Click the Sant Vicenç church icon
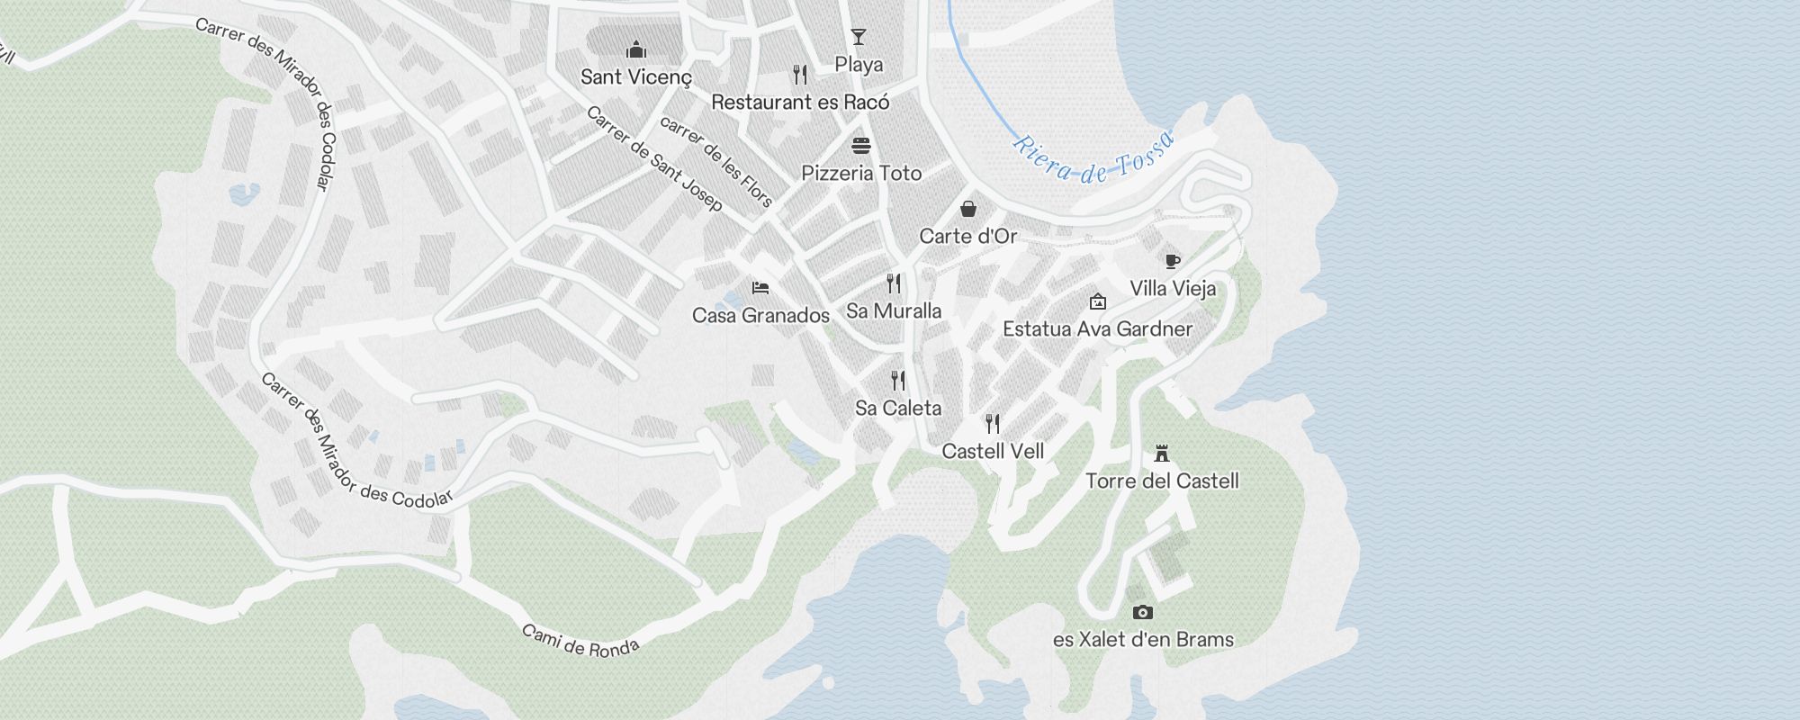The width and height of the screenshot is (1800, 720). [636, 49]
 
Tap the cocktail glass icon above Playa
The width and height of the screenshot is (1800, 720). [859, 37]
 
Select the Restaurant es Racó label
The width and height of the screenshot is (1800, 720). [800, 103]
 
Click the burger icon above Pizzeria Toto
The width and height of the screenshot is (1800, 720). [861, 146]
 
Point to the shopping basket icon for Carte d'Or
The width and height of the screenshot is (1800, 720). [968, 209]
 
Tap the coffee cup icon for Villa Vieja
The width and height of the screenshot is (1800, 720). [1172, 261]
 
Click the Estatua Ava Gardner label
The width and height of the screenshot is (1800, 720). [1097, 329]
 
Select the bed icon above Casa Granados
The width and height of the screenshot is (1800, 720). [760, 288]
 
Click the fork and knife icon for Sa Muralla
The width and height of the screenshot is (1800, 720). [894, 283]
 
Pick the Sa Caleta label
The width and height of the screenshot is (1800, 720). [898, 409]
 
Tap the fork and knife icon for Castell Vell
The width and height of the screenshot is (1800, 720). [993, 423]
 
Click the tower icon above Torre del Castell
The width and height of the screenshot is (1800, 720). [1162, 453]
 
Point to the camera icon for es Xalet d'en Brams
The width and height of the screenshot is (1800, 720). [1143, 612]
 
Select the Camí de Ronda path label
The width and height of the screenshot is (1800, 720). [580, 641]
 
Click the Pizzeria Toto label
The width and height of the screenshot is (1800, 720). [861, 174]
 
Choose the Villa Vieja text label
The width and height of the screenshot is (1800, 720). [1173, 289]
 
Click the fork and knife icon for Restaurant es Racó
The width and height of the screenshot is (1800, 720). [800, 74]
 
